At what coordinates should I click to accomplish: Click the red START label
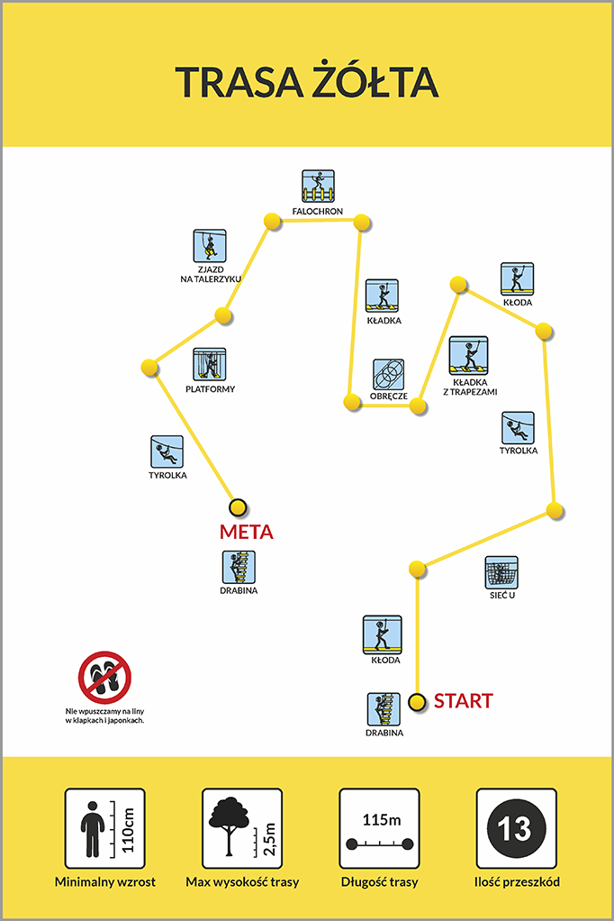[463, 701]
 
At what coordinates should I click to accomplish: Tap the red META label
[247, 533]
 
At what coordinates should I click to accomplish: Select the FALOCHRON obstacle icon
[318, 187]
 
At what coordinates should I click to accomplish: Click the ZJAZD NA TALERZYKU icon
[210, 245]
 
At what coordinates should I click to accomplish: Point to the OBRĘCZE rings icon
[389, 374]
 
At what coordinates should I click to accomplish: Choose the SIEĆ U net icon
[501, 572]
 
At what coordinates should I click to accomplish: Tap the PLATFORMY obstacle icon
[210, 364]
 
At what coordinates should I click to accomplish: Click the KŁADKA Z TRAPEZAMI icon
[468, 355]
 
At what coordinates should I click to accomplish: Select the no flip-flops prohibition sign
[104, 678]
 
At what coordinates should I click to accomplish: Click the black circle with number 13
[517, 828]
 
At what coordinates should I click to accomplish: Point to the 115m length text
[382, 819]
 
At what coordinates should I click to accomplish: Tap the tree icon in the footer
[229, 825]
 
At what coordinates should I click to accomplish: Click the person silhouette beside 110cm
[92, 829]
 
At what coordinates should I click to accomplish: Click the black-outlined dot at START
[418, 702]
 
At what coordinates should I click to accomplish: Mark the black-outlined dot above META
[238, 506]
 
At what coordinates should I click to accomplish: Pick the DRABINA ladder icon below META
[239, 568]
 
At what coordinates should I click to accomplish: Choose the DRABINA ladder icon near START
[384, 709]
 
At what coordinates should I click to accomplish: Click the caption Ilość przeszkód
[517, 881]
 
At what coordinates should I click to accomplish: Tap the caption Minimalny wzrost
[105, 881]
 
